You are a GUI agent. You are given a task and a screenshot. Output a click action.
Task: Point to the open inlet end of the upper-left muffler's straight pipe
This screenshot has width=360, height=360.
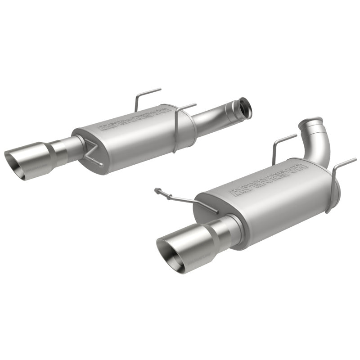(x=245, y=108)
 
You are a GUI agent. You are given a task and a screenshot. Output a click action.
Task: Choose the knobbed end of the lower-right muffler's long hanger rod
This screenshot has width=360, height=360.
(x=157, y=190)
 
